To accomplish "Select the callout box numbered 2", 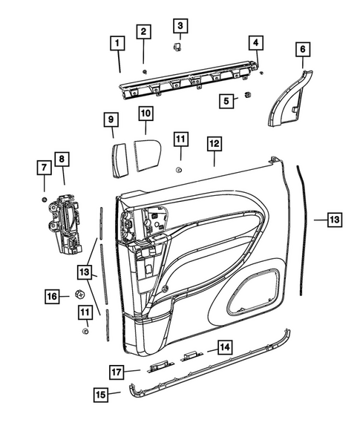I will (x=143, y=31).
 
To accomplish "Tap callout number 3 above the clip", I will (x=180, y=26).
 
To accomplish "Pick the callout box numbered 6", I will (x=303, y=50).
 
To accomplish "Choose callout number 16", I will (x=52, y=297).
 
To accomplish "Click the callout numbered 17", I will (x=117, y=371).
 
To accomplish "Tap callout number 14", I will (x=223, y=346).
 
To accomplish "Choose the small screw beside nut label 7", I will (x=45, y=200).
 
